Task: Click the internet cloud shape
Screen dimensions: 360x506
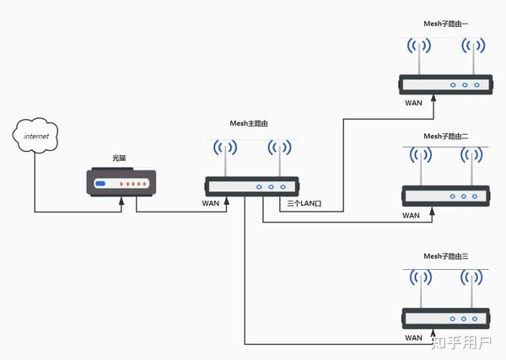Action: click(35, 136)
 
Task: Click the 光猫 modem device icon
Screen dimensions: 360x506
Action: click(121, 182)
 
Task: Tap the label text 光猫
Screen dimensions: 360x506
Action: click(121, 159)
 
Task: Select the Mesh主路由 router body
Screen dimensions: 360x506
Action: click(251, 186)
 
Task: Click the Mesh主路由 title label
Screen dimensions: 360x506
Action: click(251, 123)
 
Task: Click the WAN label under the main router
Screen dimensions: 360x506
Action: click(212, 203)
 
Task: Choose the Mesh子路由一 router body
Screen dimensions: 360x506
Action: click(444, 84)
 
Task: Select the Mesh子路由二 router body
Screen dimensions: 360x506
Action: click(444, 196)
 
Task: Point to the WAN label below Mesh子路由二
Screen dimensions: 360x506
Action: click(411, 215)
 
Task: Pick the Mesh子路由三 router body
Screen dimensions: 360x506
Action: click(444, 319)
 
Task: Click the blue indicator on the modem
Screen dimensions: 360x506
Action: click(100, 183)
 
